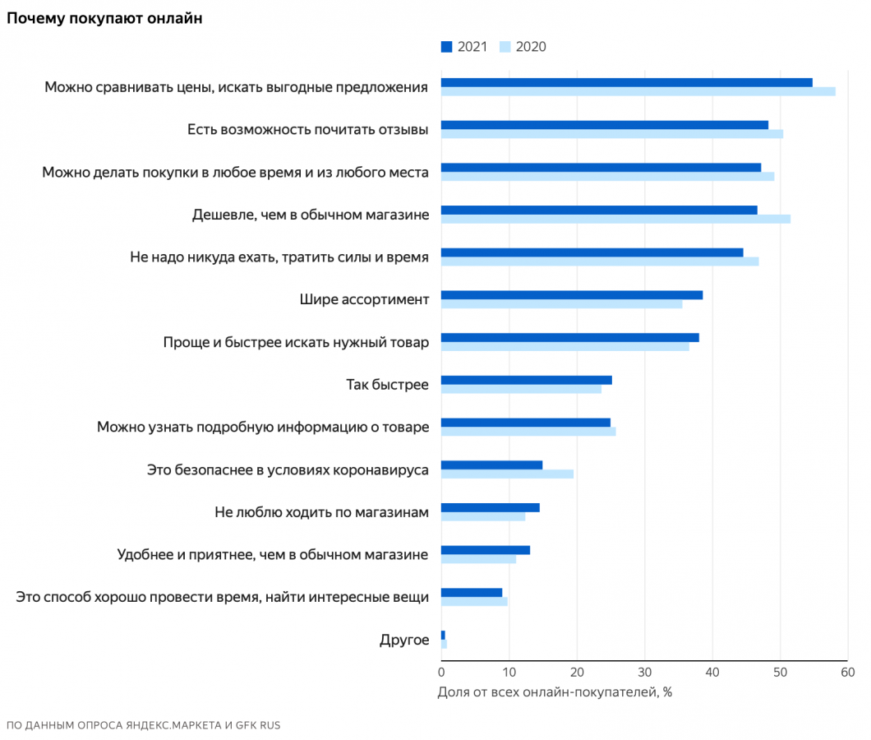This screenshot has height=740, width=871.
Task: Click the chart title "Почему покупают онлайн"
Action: pos(104,18)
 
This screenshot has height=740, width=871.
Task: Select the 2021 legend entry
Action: pos(464,47)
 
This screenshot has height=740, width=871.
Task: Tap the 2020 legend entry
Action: pos(523,47)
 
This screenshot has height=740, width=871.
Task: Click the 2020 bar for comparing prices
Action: pos(638,91)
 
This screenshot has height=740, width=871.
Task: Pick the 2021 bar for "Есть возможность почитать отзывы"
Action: pos(604,125)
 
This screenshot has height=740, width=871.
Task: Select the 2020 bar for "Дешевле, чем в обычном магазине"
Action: pos(615,219)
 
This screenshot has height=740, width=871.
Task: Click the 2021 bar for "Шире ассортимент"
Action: pos(571,294)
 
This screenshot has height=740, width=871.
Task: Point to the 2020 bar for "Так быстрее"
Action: pos(521,389)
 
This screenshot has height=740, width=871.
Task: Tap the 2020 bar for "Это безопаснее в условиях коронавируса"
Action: pos(507,474)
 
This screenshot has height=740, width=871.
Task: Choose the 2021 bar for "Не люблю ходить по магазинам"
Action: pos(490,507)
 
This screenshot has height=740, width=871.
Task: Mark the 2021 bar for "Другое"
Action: pos(443,635)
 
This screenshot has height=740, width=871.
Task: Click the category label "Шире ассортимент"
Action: pos(364,299)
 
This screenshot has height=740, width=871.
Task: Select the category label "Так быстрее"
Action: pos(387,384)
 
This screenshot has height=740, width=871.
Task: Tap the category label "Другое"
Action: pos(403,640)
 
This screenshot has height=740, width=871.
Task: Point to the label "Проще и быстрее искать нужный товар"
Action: pos(296,342)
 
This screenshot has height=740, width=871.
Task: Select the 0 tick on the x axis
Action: pos(441,673)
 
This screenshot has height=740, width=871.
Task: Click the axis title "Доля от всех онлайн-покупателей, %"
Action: pos(555,691)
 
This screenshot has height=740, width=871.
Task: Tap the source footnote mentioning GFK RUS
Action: pos(143,725)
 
